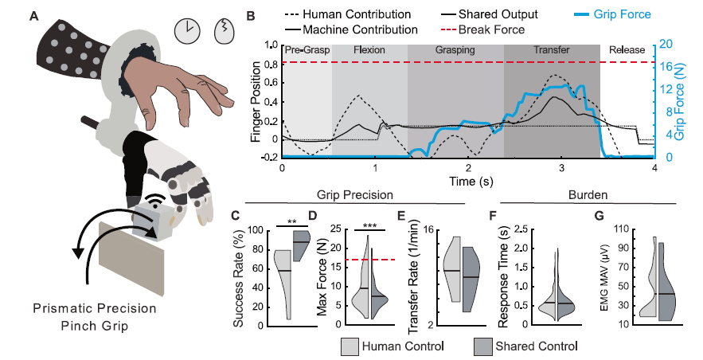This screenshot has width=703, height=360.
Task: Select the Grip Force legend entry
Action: pos(616,15)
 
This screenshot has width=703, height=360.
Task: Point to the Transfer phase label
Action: pos(551,50)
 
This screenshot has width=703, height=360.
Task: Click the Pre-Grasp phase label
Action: pos(306,50)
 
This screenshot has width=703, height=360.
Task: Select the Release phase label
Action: pos(627,50)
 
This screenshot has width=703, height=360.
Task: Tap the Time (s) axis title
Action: pos(468,182)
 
